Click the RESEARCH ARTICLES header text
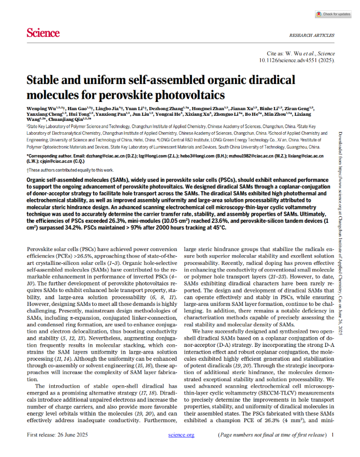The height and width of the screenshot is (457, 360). (311, 35)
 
